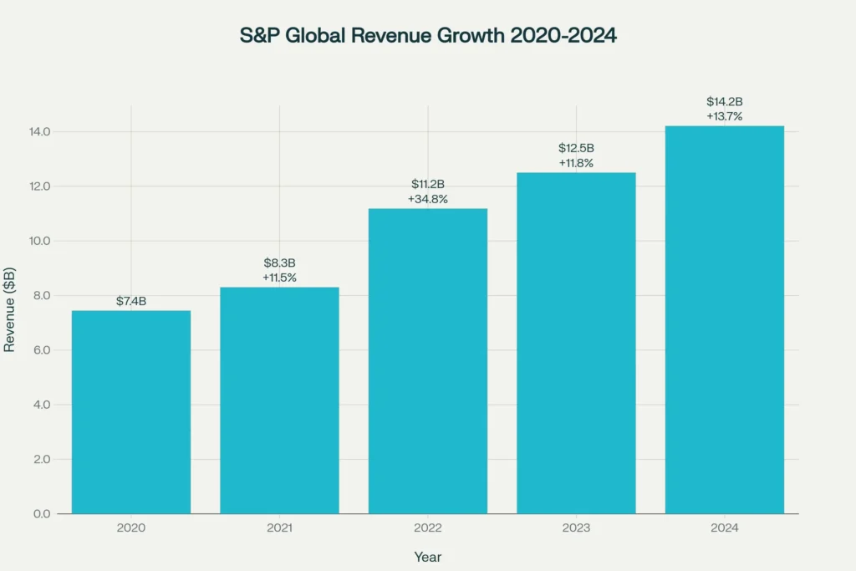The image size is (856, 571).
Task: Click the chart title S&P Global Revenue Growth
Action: click(427, 37)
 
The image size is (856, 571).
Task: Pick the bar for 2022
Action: click(428, 360)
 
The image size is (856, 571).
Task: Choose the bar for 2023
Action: click(576, 343)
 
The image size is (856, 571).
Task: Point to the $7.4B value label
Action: click(131, 301)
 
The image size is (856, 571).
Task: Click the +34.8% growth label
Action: click(428, 198)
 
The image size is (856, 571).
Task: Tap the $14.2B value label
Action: click(724, 102)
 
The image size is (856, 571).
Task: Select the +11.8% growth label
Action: click(576, 163)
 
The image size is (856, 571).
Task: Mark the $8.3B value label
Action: click(279, 263)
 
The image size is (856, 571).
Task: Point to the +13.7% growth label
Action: click(724, 116)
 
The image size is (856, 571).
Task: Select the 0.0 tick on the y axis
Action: click(40, 513)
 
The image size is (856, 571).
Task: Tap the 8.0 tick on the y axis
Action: click(40, 295)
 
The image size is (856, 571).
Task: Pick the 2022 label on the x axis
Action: click(428, 528)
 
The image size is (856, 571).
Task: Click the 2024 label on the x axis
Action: click(724, 528)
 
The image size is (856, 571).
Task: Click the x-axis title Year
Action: click(428, 557)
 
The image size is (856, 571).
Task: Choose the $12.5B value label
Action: click(576, 148)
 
